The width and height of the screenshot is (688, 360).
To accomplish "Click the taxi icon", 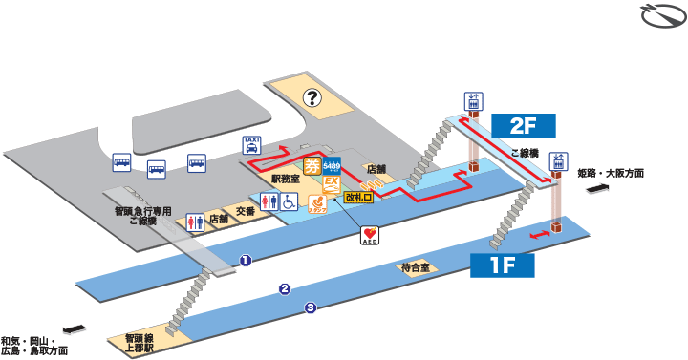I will point(251,145).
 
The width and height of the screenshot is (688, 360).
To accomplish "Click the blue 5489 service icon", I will point(333,163).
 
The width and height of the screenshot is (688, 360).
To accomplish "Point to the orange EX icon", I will point(333,181).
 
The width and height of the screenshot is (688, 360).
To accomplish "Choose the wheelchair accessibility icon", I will point(293,201).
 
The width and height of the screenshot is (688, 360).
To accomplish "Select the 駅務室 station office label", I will point(286,179).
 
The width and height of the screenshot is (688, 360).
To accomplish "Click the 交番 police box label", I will point(246,211).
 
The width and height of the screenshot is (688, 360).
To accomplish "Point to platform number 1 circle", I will point(245,259).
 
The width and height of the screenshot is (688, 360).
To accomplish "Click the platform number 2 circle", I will point(284,288).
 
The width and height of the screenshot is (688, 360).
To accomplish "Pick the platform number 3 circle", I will point(311,307).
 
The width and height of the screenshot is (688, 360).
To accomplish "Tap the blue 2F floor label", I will point(523,125).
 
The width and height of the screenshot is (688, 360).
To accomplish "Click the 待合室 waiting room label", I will point(418,268).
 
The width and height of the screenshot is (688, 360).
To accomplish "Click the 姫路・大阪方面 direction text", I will point(612,174).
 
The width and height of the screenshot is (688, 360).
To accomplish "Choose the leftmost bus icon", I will point(122,163).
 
